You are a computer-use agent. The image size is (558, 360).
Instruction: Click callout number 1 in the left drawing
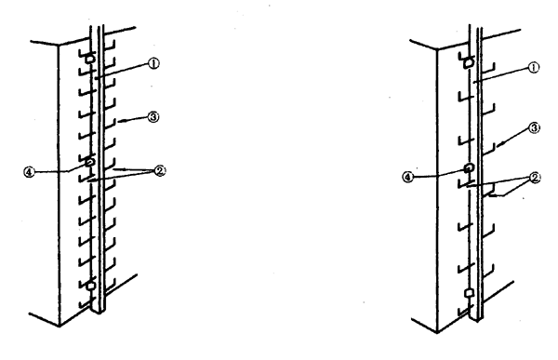click(x=153, y=64)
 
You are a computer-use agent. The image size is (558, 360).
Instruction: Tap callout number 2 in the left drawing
click(x=160, y=171)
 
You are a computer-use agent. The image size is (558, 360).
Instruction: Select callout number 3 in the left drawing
click(x=153, y=117)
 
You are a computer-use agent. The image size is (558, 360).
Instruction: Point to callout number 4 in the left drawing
click(x=29, y=173)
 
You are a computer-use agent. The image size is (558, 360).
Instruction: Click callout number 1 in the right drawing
click(x=534, y=67)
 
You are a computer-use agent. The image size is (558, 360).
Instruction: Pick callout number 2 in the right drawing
click(x=535, y=178)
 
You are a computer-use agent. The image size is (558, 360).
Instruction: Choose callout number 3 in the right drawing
click(x=535, y=127)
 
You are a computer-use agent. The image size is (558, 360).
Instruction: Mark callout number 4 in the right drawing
click(x=408, y=177)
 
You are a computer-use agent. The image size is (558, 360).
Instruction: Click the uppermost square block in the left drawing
click(x=90, y=59)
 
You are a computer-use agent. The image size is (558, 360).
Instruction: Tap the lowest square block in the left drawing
click(x=91, y=286)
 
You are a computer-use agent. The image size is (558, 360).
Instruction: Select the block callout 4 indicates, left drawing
click(x=89, y=162)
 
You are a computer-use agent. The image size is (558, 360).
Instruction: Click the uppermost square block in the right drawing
click(x=470, y=62)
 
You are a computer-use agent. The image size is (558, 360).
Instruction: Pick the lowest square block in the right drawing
click(x=470, y=293)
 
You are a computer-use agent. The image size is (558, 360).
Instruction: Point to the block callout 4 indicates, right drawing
click(x=469, y=167)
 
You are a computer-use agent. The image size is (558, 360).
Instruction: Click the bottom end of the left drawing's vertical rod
click(x=98, y=312)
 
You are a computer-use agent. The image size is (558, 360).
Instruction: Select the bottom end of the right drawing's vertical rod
click(x=476, y=319)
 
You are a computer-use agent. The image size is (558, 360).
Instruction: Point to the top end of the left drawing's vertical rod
click(x=97, y=26)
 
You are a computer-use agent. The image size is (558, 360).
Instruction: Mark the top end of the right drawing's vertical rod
click(x=475, y=26)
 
